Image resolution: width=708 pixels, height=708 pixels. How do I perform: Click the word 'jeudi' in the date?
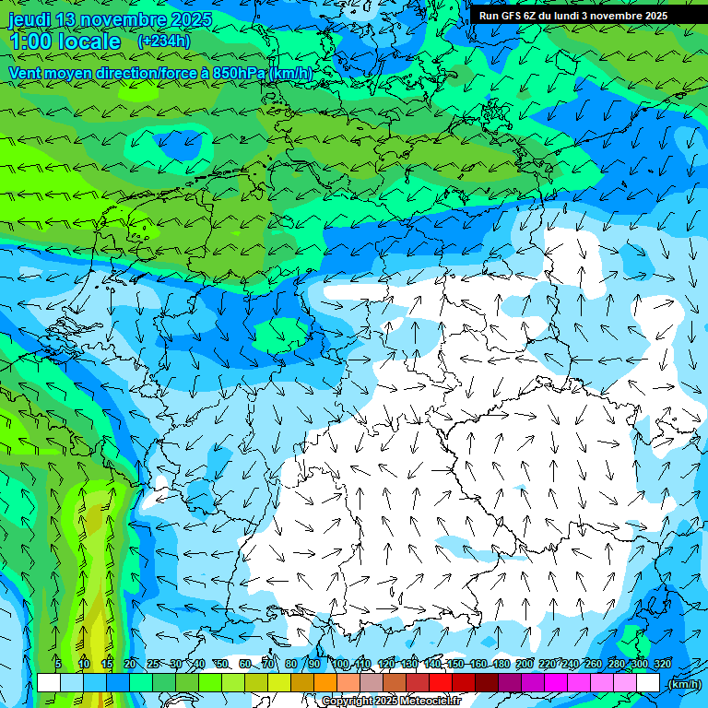[x=29, y=19]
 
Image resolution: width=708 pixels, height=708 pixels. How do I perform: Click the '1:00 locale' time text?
[x=65, y=41]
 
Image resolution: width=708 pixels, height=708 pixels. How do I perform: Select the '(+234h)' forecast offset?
[x=164, y=41]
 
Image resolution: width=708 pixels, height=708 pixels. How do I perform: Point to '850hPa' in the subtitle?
[x=238, y=73]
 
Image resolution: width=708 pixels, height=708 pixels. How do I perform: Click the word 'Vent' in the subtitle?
[x=26, y=73]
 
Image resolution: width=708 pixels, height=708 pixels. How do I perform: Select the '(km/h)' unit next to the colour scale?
[x=683, y=683]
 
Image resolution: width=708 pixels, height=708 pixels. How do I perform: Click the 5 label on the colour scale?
[x=58, y=664]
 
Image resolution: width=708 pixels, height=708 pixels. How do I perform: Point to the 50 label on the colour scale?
[x=222, y=664]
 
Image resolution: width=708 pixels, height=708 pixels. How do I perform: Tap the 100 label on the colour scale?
[x=340, y=664]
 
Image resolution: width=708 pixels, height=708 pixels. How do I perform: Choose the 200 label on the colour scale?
[x=524, y=664]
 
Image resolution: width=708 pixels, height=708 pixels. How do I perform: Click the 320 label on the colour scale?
[x=662, y=664]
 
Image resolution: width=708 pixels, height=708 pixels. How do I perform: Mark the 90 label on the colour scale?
[x=314, y=664]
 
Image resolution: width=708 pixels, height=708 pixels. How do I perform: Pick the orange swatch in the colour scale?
[x=325, y=683]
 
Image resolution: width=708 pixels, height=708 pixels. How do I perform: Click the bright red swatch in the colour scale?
[x=441, y=683]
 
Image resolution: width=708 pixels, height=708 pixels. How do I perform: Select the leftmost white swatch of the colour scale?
[x=49, y=683]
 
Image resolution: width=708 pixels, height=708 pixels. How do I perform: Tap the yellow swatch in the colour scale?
[x=279, y=683]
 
